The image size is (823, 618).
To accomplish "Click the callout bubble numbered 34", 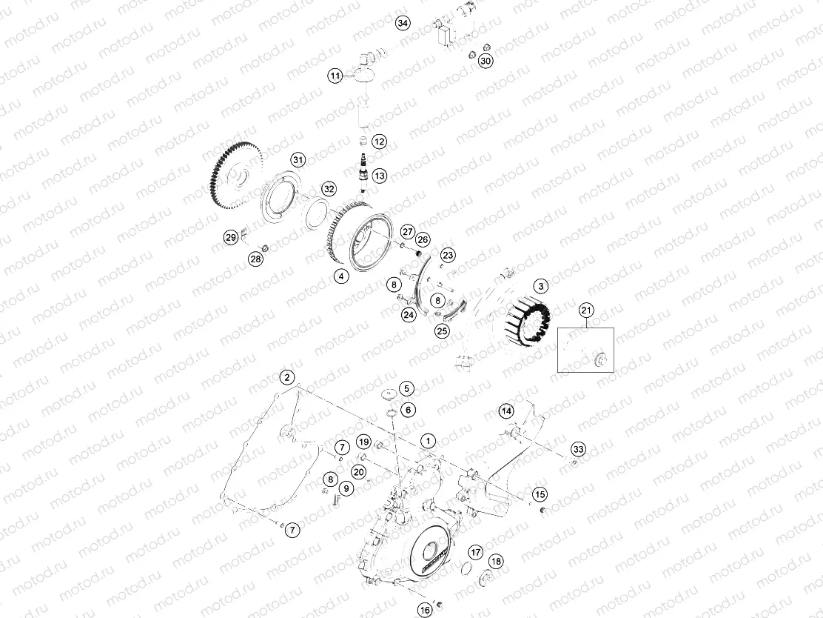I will pos(403,23).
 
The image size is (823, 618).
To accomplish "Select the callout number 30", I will pos(486,62).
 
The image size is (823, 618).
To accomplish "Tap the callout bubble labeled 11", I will pos(335,76).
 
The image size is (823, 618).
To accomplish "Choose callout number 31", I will pos(298,160).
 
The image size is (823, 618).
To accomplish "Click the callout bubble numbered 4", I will pos(341,276).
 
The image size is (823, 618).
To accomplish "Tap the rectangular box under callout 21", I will pos(585,349).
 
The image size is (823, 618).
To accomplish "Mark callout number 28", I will pos(255,259).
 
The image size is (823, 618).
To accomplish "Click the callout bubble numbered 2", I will pos(286,377).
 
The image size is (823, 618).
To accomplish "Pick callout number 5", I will pos(406,388).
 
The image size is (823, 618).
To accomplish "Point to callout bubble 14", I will pos(506,411).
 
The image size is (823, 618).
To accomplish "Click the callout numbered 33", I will pos(578,450).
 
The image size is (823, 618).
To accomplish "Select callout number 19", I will pos(363,442).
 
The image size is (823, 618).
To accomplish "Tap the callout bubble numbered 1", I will pos(427,441).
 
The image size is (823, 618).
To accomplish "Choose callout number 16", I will pos(425,610).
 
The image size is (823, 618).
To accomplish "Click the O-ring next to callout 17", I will pos(464,568).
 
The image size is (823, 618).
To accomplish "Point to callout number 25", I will pos(442,330).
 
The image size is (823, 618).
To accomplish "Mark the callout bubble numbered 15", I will pos(540,494).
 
